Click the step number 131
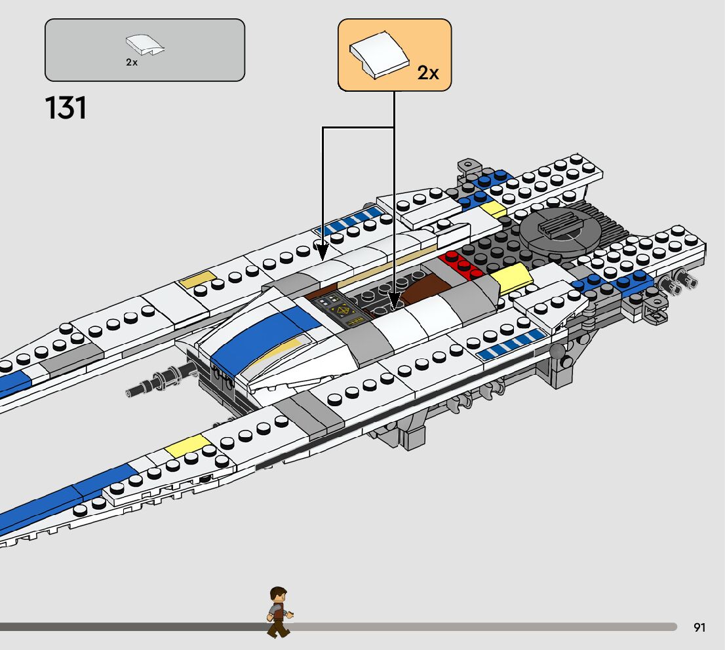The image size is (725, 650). (66, 107)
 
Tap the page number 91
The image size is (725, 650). (699, 628)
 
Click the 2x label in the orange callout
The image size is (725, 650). (428, 73)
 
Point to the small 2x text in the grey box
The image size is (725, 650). (132, 63)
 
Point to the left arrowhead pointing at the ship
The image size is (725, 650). (322, 248)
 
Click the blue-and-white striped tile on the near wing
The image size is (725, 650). (511, 345)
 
